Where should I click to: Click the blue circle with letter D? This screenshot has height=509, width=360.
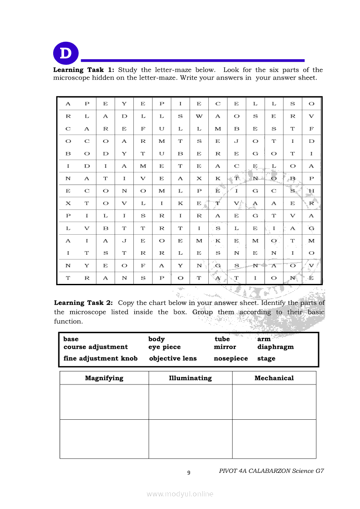(x=66, y=54)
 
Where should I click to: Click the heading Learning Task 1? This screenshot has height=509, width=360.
(x=84, y=70)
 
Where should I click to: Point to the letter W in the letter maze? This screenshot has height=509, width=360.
(x=199, y=116)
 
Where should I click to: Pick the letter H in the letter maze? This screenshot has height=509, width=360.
(x=311, y=191)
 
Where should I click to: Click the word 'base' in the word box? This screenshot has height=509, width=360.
(x=71, y=339)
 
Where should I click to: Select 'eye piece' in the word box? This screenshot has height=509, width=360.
(x=164, y=347)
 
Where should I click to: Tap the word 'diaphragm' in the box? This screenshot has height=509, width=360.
(x=275, y=347)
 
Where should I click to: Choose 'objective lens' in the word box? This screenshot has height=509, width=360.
(x=173, y=358)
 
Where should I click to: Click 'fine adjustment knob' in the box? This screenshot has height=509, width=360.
(x=101, y=358)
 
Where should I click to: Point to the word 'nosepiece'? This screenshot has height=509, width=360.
(x=231, y=358)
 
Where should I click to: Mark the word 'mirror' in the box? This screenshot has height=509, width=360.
(x=225, y=347)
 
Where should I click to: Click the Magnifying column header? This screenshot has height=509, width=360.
(x=104, y=378)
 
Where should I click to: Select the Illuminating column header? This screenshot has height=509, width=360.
(x=190, y=378)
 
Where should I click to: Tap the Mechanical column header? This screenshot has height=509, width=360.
(x=274, y=378)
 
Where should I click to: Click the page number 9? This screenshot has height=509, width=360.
(x=189, y=473)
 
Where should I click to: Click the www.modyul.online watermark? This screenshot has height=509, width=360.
(x=180, y=494)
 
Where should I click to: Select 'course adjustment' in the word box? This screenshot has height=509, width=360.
(x=96, y=347)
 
